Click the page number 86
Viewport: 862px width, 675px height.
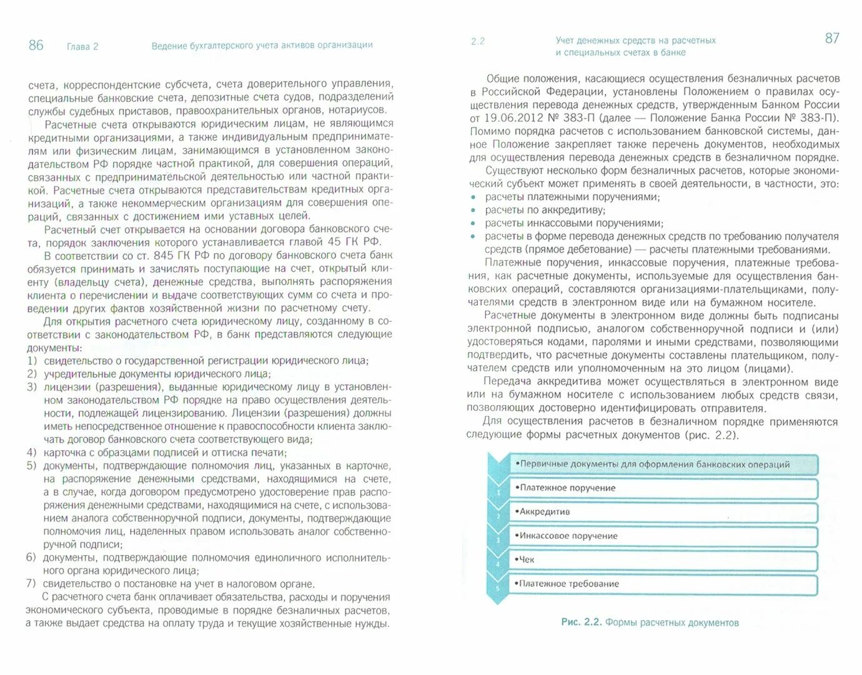36,45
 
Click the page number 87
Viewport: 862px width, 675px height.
832,38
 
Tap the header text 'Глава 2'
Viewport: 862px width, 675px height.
82,46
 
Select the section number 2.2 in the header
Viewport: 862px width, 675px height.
478,41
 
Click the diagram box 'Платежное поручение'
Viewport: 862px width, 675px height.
662,488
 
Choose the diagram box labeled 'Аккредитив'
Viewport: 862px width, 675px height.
662,512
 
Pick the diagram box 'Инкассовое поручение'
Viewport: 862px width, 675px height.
662,536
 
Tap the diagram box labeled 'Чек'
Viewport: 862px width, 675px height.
662,559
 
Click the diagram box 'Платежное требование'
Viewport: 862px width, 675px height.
662,584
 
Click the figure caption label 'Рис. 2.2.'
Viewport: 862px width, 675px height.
581,622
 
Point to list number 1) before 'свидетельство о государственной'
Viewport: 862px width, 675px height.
32,361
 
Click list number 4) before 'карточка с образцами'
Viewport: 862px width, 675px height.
32,452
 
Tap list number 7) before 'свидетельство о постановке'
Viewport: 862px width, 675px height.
31,584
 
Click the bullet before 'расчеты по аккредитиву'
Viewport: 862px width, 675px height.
473,211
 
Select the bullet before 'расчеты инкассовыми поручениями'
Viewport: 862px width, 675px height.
473,224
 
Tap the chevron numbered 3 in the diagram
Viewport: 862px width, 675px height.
498,541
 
